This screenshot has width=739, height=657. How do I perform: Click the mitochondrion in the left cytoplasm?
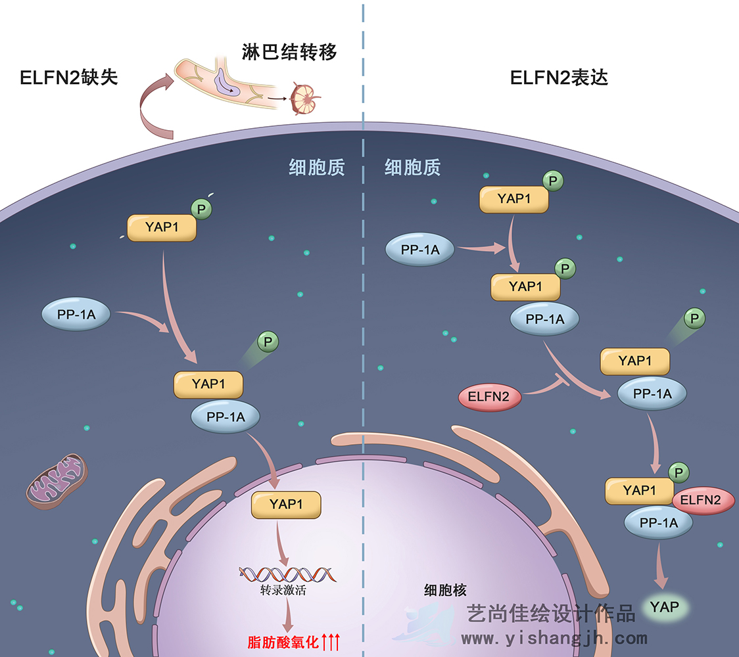point(57,481)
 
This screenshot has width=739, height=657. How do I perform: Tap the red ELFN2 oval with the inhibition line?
point(489,397)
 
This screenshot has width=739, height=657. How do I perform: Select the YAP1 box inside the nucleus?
point(286,504)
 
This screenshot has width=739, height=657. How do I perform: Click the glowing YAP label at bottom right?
point(664,606)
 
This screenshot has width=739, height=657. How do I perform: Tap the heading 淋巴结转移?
point(289,51)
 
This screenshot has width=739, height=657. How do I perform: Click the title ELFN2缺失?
point(69,78)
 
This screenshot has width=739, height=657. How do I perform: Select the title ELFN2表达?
point(559,78)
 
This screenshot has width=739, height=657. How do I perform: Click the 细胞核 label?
point(445,589)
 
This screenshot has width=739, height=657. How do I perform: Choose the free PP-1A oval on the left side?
point(76,315)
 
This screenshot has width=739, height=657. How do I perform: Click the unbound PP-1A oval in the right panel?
point(420,249)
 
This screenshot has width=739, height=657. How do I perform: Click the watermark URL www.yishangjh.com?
point(554,638)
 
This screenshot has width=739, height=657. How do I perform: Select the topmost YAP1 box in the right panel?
point(513,198)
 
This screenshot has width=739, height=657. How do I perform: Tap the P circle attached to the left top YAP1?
point(203,209)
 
